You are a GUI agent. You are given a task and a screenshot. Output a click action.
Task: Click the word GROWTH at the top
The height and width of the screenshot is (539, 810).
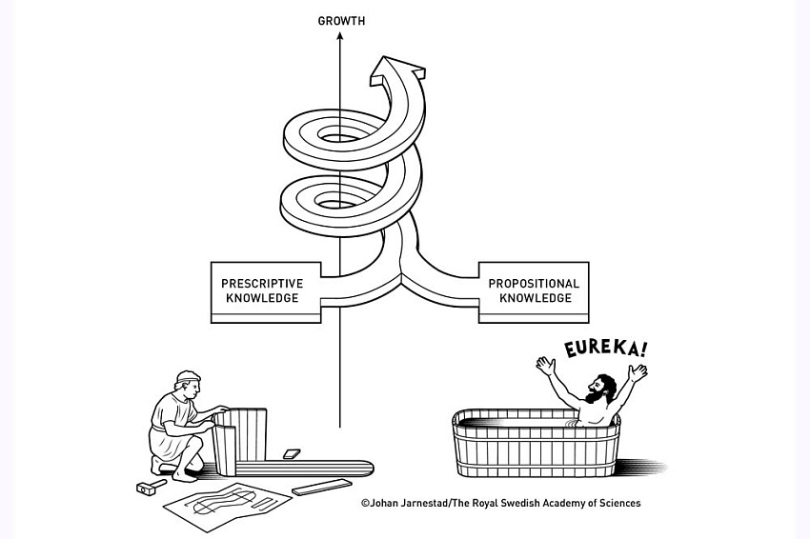click(341, 20)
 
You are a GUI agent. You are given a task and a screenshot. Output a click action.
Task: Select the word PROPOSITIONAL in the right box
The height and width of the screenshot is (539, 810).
click(534, 283)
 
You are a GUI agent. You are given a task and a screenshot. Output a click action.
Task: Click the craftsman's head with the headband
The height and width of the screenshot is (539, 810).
click(186, 385)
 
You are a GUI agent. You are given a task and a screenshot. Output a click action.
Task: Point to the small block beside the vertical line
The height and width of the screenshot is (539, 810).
click(292, 454)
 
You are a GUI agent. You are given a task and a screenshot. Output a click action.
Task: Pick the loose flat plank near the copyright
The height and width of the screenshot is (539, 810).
click(322, 488)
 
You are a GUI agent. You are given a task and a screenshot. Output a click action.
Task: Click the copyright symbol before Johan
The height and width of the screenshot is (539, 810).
click(365, 503)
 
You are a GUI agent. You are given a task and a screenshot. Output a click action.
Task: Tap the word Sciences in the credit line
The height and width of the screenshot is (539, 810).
click(618, 503)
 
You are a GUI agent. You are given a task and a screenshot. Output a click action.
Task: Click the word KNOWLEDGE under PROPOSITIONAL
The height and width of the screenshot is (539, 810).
click(534, 298)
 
